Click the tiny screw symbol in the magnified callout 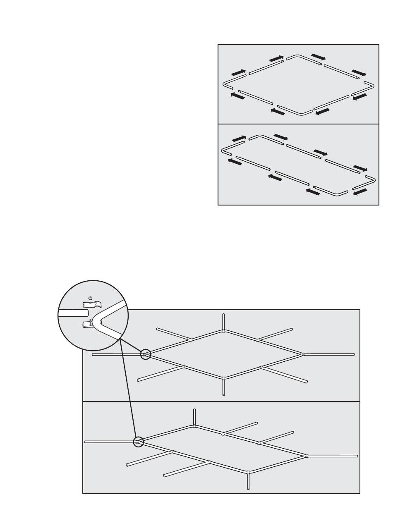tap(91, 297)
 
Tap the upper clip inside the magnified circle tap(92, 305)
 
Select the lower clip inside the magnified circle tap(88, 324)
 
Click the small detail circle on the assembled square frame tap(145, 354)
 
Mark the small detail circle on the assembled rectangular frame tap(138, 442)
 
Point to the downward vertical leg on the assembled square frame tap(223, 386)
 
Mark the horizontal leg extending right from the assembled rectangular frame tap(333, 456)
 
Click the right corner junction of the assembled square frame tap(303, 354)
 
